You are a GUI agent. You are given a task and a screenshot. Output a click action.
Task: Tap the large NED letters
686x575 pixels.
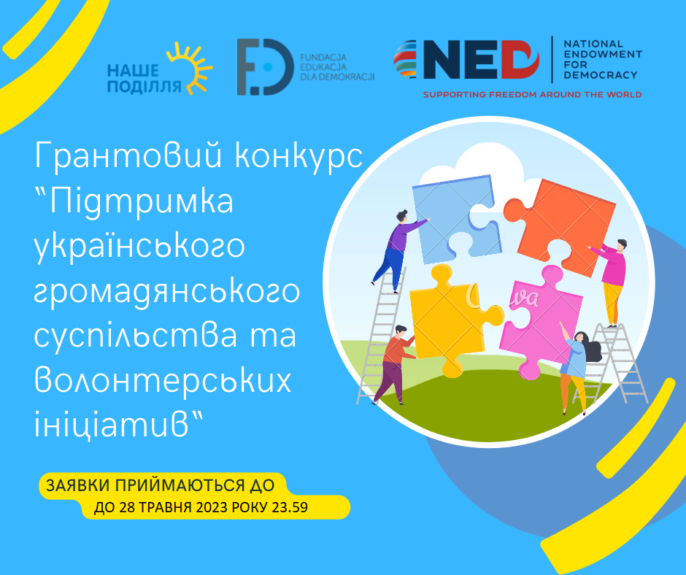(481, 60)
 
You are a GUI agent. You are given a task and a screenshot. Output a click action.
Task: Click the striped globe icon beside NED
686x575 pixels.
(406, 60)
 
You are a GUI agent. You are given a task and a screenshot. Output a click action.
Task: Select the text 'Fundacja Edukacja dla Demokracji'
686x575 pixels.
(337, 67)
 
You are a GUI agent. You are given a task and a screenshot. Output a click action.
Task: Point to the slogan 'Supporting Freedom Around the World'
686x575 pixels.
(532, 95)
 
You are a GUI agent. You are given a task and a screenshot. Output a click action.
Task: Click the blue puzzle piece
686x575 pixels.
(455, 219)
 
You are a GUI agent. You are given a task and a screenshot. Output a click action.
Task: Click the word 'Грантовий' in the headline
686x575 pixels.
(128, 155)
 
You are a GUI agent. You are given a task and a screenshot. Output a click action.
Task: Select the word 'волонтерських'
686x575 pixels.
(163, 380)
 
